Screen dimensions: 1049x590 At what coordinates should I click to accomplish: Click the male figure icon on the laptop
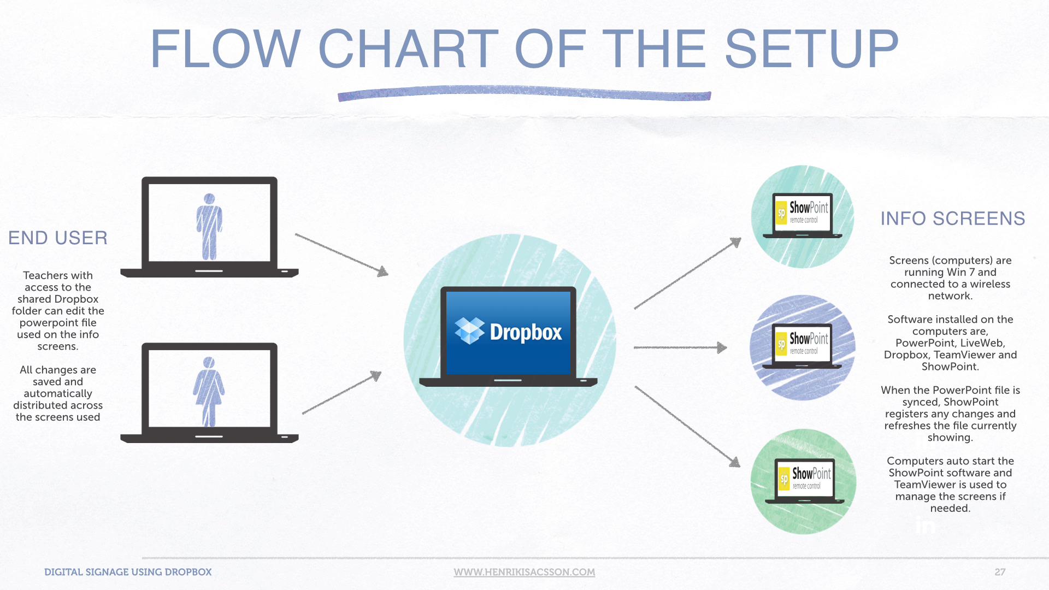209,227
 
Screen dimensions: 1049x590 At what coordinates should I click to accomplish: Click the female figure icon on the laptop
209,392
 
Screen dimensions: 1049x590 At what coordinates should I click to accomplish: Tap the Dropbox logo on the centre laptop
508,332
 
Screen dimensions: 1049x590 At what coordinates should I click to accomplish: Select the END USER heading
58,238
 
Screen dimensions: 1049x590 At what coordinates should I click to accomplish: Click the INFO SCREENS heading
952,219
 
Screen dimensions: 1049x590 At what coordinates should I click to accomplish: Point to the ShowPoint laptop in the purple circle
802,346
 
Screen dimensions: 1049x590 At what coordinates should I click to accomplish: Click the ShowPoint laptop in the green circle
805,481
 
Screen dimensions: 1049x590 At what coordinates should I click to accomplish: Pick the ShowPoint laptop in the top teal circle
802,216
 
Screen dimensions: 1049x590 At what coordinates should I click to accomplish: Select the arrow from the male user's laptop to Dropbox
341,255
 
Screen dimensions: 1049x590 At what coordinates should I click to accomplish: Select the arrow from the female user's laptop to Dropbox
341,393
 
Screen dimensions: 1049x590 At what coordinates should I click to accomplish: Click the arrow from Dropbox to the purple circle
680,347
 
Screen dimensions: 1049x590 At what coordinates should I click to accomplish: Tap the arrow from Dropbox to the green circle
687,427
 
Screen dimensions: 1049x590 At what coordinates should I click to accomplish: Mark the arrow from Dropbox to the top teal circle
688,273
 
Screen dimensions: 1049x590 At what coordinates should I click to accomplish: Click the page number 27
1000,572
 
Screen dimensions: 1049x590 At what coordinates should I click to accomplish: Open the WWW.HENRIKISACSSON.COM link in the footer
524,572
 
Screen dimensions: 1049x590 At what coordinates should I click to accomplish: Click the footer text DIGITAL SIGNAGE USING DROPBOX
128,572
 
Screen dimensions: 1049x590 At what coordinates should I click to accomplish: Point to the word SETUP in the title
811,49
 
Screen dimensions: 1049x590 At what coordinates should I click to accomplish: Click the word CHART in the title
408,49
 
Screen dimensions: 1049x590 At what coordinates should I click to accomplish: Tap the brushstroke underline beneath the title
524,93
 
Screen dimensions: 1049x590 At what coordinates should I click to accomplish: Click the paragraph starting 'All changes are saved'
58,393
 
